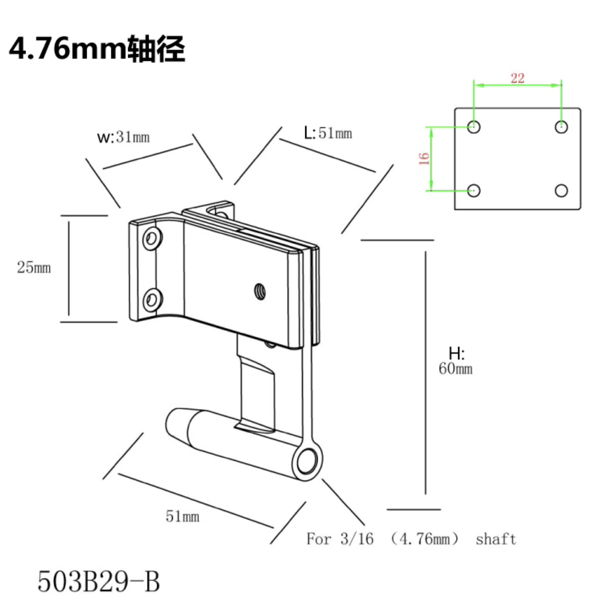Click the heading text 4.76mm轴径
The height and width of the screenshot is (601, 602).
point(97,48)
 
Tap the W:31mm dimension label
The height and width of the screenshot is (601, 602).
point(123,137)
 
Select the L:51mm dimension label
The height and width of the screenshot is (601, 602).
point(328,133)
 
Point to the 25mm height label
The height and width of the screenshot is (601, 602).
point(34,267)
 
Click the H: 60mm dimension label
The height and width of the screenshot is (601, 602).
point(456,362)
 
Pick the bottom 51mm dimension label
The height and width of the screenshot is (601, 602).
point(182,516)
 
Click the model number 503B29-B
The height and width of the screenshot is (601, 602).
point(98,581)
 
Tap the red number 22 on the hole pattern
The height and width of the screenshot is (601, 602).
point(517,78)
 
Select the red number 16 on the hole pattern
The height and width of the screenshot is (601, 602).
point(424,158)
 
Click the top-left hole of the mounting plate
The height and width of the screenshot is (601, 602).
point(474,126)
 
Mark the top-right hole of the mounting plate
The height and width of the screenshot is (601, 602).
point(561,126)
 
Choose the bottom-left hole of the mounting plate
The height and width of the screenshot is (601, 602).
point(474,191)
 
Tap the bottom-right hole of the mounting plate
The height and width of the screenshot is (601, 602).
point(561,191)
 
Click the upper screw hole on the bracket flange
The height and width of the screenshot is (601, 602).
point(151,239)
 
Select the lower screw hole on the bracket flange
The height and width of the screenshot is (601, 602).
point(151,300)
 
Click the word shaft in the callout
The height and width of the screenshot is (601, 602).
point(496,539)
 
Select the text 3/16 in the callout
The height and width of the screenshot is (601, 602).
point(356,539)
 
